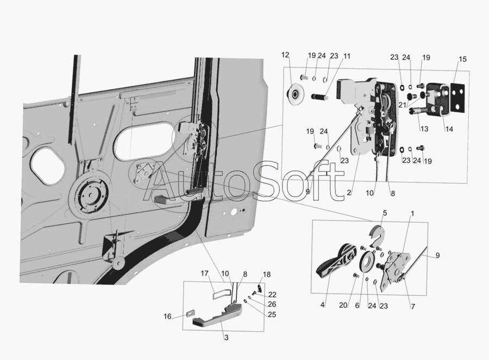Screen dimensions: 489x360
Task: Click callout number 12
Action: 285,55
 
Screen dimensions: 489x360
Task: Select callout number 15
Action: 462,59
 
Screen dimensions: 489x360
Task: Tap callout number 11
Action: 347,56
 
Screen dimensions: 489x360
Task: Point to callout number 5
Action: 385,213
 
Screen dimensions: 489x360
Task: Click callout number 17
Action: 204,273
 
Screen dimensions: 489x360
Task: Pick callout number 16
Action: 167,317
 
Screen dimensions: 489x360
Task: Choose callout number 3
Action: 227,338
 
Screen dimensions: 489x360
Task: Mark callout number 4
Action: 322,305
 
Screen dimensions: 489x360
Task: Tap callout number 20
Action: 343,305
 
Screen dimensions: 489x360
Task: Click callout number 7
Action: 413,307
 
